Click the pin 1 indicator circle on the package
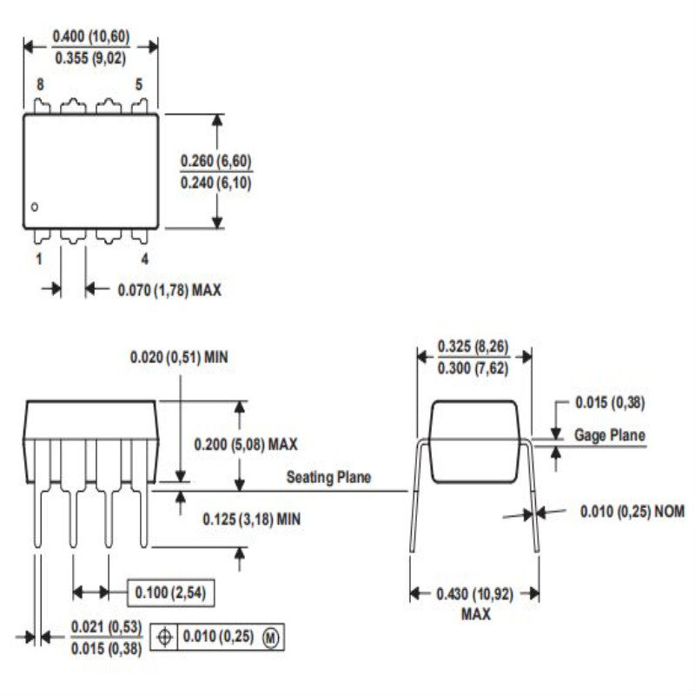tap(34, 207)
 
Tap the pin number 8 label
tap(40, 84)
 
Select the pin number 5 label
tap(138, 84)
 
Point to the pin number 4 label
tap(144, 259)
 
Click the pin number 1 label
tap(39, 259)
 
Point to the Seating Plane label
tap(328, 477)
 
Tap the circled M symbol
tap(272, 638)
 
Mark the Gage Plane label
tap(610, 435)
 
